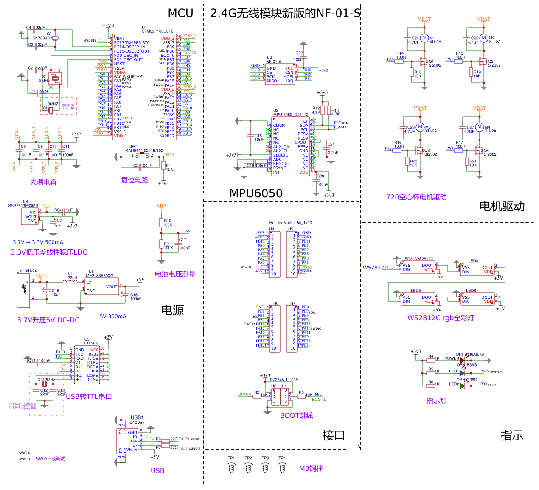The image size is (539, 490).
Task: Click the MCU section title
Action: [x=180, y=13]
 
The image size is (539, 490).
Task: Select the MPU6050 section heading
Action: [x=255, y=193]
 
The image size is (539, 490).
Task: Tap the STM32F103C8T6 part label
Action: [x=157, y=31]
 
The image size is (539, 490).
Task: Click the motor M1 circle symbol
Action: [x=424, y=38]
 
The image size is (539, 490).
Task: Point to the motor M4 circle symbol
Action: [x=479, y=127]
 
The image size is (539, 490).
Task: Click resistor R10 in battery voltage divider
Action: [x=161, y=223]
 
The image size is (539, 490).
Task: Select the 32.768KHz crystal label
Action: [x=42, y=38]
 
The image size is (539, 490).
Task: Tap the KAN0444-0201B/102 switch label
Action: [x=144, y=151]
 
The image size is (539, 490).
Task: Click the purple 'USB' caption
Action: [x=157, y=470]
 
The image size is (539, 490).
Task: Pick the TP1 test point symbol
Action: [x=231, y=468]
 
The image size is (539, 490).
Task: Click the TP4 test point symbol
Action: [x=282, y=468]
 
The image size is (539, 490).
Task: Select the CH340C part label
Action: [x=92, y=343]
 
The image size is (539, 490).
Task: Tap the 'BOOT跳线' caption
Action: [x=296, y=415]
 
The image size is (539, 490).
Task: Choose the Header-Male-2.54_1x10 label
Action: [x=290, y=223]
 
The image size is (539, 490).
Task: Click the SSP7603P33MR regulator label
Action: [x=23, y=206]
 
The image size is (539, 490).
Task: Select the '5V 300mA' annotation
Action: [x=113, y=316]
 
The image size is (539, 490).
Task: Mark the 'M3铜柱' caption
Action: [x=311, y=468]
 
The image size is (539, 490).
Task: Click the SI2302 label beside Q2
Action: [x=494, y=65]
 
